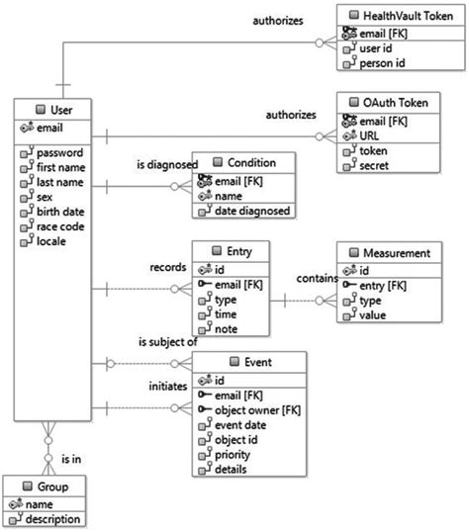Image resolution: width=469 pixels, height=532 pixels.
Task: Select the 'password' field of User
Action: (x=59, y=154)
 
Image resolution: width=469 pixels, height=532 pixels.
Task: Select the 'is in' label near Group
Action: (x=71, y=459)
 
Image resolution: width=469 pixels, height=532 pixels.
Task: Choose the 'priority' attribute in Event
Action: (x=234, y=455)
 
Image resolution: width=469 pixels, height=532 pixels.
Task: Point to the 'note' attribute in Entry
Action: (x=227, y=329)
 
